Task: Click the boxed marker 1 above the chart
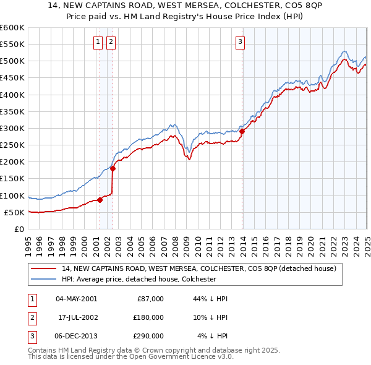point(98,42)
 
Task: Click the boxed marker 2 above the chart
point(111,42)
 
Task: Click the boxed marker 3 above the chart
point(240,42)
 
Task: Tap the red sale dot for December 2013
point(242,131)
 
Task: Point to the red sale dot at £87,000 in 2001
point(100,199)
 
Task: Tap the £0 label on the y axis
point(19,229)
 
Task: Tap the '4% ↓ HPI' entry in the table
point(212,336)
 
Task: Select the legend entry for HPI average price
point(139,279)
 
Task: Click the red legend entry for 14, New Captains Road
point(198,268)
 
